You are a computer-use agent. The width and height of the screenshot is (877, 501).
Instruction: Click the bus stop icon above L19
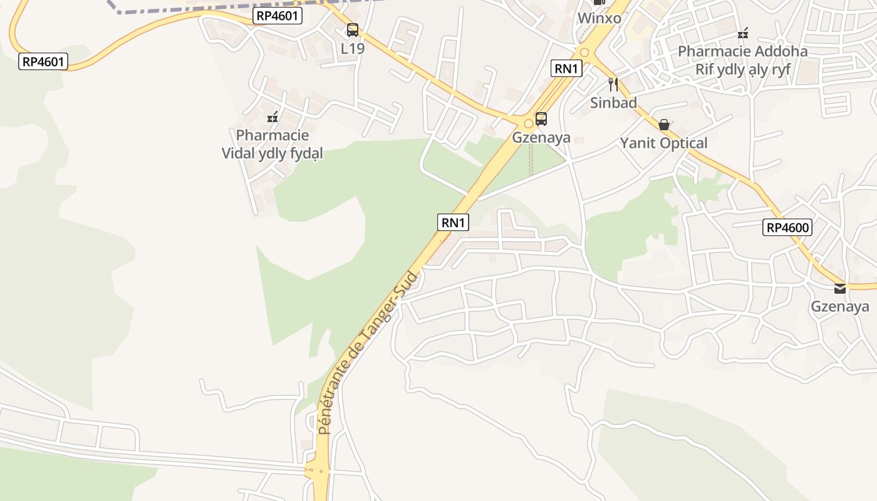point(353,29)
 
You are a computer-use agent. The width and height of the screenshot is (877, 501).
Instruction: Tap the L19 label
point(353,48)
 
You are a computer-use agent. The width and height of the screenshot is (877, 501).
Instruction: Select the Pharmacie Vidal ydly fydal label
point(272,144)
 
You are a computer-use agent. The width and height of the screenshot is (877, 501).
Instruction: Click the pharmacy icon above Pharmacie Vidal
point(272,116)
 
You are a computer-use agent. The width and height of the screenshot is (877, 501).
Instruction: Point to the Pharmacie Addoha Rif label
point(743,60)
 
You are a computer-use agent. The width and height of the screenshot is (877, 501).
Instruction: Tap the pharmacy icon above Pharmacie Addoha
point(743,33)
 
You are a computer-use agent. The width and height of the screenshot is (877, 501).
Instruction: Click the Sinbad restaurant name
point(613,103)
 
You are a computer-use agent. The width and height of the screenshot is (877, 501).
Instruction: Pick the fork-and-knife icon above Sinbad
point(613,84)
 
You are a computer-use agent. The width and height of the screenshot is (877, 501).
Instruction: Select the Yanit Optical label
point(663,143)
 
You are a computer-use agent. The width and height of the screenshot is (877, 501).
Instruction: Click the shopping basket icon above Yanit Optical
point(664,125)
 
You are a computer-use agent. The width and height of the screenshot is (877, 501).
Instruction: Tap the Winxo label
point(599,18)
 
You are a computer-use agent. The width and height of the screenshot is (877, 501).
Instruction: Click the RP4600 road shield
point(787,227)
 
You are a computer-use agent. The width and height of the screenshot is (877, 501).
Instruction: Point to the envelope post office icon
point(840,288)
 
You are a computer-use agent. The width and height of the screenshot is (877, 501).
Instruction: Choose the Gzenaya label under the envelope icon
point(840,306)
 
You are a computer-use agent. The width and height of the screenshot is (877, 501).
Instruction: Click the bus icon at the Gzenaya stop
point(541,118)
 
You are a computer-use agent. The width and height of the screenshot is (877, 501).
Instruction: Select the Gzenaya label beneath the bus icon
point(541,137)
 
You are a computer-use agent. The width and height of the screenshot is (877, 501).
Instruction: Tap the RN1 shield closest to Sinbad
point(566,68)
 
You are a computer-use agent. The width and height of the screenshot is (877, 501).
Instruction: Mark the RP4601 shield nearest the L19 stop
point(278,16)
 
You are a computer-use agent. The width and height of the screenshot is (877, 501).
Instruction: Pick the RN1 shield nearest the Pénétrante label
point(453,222)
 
